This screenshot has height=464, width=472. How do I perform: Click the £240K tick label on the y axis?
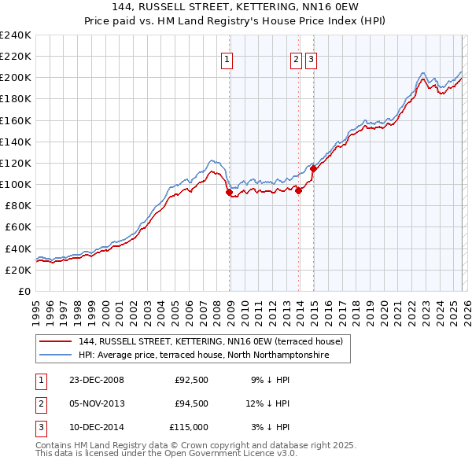click(16, 35)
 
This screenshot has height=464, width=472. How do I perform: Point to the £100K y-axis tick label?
click(16, 184)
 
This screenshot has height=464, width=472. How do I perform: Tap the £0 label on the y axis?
click(24, 291)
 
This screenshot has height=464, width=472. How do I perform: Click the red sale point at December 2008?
click(229, 192)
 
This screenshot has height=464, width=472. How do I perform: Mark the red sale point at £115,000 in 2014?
click(313, 168)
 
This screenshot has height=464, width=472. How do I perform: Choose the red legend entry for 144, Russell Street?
click(210, 342)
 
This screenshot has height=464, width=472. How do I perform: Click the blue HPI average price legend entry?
click(202, 356)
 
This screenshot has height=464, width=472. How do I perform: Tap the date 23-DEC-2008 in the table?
click(90, 380)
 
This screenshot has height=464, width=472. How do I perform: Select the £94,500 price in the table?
click(191, 403)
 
